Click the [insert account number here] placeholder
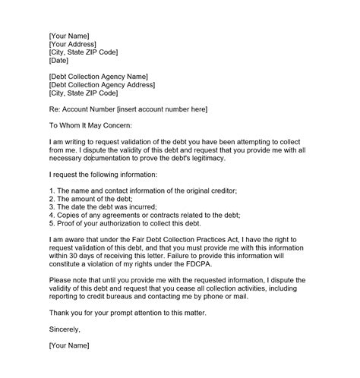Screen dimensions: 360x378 tap(158, 110)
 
